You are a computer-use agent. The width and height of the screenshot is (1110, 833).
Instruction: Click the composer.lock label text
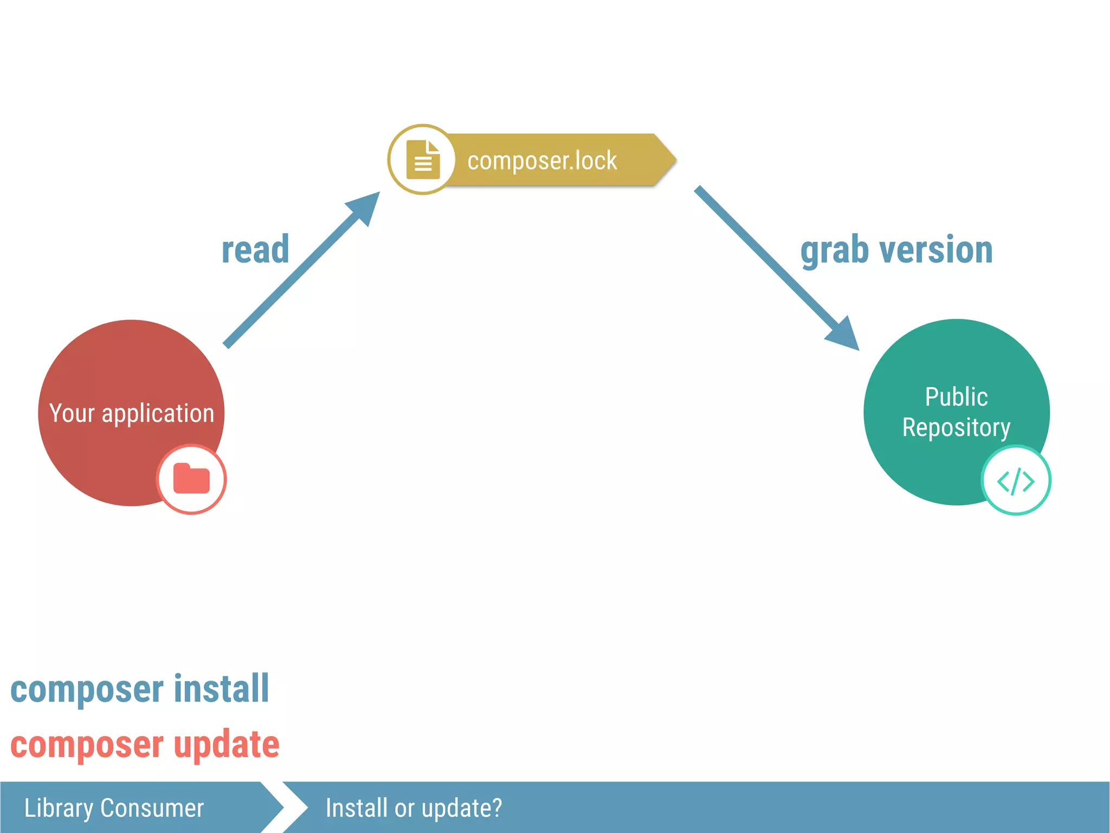click(542, 161)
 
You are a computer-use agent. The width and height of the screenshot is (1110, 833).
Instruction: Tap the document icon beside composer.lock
click(423, 159)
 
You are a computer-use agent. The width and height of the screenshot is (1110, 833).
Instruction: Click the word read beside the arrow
click(255, 250)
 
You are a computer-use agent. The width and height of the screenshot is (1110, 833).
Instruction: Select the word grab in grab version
click(835, 251)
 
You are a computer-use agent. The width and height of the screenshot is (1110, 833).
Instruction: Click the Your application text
click(132, 413)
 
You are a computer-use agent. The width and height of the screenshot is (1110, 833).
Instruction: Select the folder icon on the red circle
click(191, 479)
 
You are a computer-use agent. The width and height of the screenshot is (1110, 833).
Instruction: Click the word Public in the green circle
click(956, 396)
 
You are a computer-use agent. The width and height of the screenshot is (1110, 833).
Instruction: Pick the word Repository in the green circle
click(956, 428)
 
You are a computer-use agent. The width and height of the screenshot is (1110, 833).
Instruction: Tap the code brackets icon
click(1016, 480)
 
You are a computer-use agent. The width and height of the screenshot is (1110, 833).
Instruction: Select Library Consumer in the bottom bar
click(114, 808)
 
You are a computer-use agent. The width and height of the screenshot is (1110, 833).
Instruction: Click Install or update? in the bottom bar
click(414, 808)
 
